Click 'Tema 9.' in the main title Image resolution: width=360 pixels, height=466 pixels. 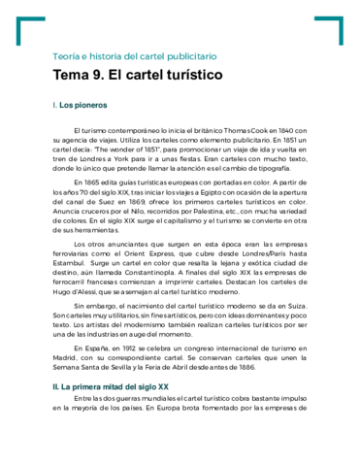80,75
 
